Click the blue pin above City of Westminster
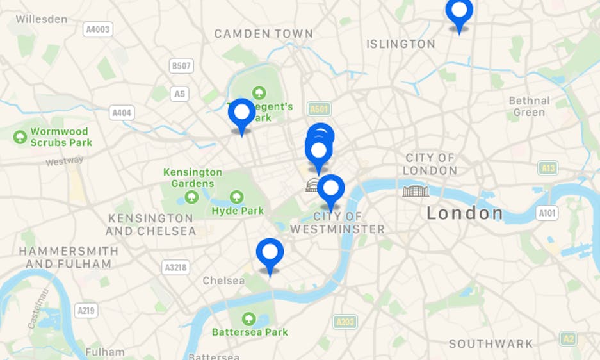331,190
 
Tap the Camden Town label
264,34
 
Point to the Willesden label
42,19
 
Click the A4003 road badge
97,29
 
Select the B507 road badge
182,66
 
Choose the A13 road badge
548,168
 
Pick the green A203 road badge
345,322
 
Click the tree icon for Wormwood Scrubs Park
20,136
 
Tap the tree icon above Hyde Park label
237,197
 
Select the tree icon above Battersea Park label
248,318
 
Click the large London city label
465,213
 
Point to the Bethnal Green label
530,106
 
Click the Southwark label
491,344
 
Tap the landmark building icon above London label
416,190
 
